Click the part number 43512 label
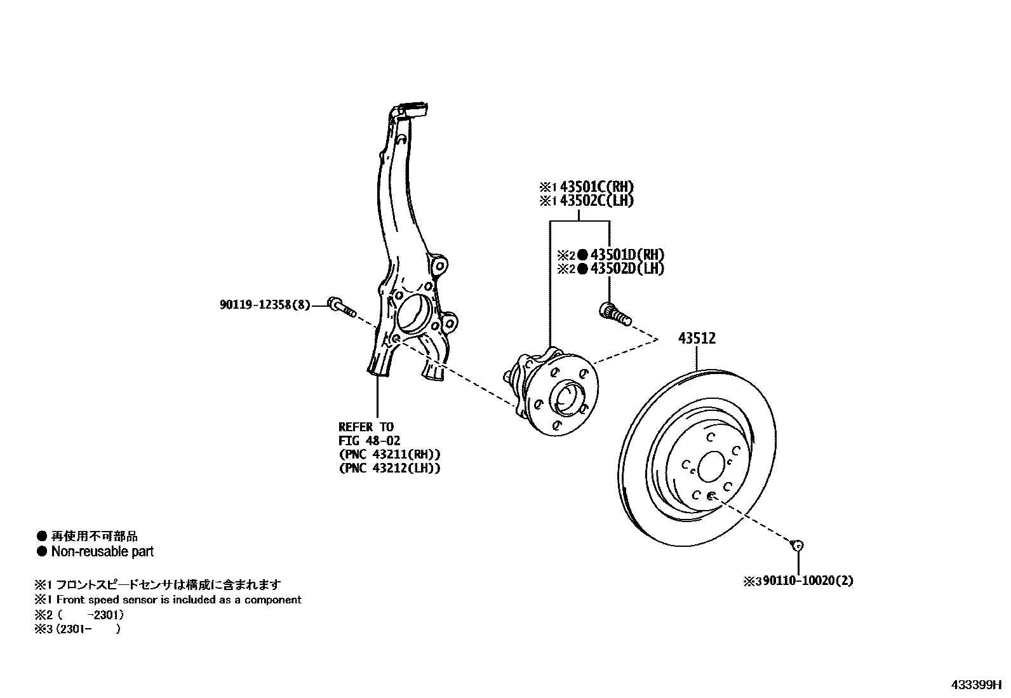point(697,339)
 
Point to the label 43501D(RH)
point(627,255)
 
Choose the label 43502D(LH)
point(627,269)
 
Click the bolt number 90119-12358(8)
point(265,305)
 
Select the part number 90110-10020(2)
point(808,581)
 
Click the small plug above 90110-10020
point(798,545)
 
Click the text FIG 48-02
point(369,441)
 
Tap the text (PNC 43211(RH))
point(389,455)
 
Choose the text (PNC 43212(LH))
point(389,469)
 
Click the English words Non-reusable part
point(102,551)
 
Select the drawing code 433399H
point(975,685)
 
